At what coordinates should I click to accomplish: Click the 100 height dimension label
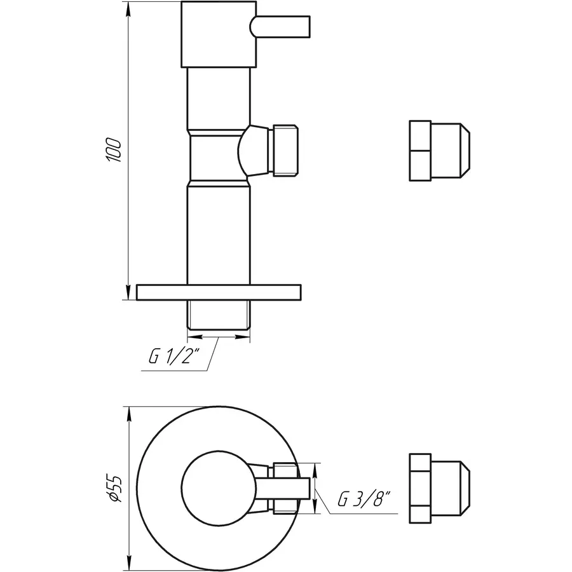tap(115, 149)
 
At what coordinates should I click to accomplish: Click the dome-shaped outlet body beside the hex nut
tap(253, 150)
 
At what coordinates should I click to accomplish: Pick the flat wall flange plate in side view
tap(219, 292)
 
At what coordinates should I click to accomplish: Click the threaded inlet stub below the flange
tap(219, 313)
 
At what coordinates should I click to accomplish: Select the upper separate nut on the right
tap(439, 150)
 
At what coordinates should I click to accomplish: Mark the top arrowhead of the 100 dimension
tap(130, 10)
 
